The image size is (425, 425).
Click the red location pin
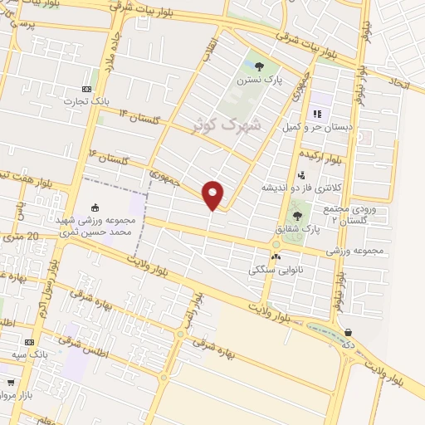coord(213,194)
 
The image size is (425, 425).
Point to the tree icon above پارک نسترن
coord(259,66)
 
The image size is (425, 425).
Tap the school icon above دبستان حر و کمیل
coord(316,114)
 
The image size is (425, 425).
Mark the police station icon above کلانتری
coord(300,175)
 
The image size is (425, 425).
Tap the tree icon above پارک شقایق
coord(297,216)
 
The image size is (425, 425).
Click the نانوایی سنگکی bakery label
coord(276,269)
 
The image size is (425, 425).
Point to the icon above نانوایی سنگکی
coord(275,256)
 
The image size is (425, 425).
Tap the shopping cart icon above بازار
coord(10,383)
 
